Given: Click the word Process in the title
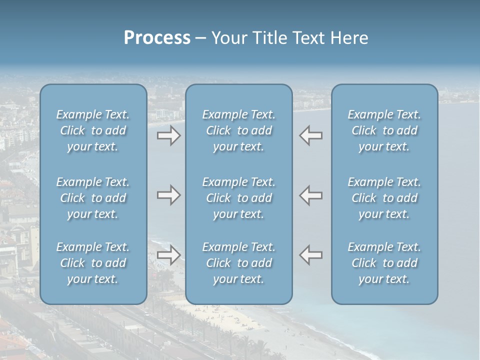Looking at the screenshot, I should click(x=157, y=38).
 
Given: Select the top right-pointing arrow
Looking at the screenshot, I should click(x=168, y=135).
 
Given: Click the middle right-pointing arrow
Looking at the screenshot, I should click(x=168, y=195).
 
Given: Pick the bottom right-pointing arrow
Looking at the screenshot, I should click(x=168, y=255).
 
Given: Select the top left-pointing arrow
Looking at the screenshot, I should click(x=311, y=135).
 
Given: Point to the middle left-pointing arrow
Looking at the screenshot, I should click(x=311, y=195).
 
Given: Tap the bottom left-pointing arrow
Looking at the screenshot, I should click(x=311, y=255).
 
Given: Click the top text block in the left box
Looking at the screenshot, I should click(x=93, y=130).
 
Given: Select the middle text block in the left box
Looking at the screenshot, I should click(x=93, y=198).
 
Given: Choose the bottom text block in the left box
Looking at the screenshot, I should click(x=93, y=263).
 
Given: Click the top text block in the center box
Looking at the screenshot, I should click(x=239, y=130).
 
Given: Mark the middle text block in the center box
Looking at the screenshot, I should click(x=239, y=198).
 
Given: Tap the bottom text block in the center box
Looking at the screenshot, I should click(x=239, y=263).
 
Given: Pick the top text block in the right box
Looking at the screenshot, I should click(x=384, y=130).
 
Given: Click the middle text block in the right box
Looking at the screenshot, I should click(x=384, y=198).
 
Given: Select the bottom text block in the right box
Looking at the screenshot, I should click(x=384, y=263).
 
